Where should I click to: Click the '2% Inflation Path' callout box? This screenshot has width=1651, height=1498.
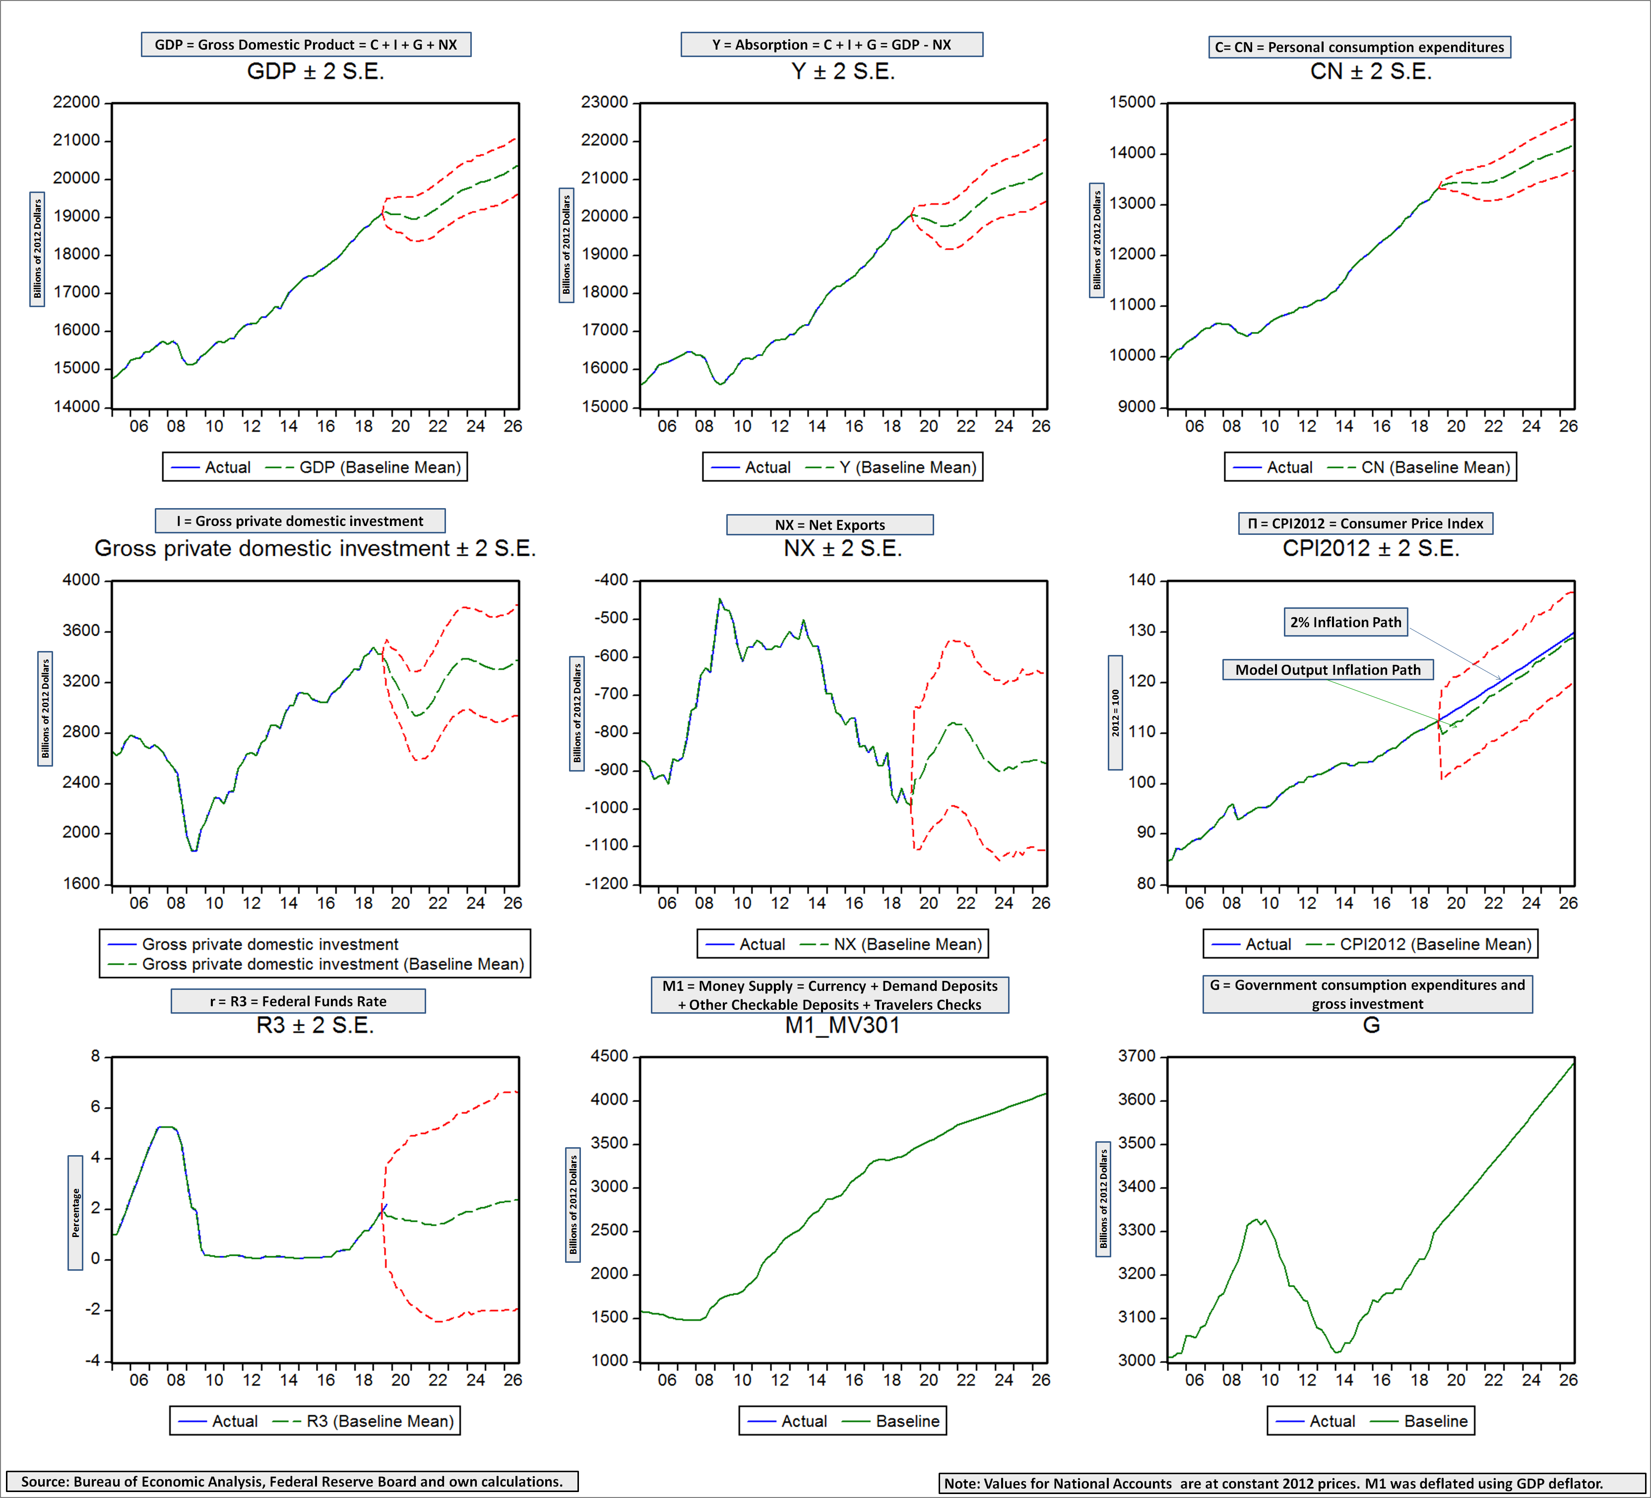click(x=1345, y=622)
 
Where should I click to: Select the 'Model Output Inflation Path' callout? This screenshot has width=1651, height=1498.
click(x=1328, y=669)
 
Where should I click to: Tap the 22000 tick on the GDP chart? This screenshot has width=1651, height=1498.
click(x=76, y=102)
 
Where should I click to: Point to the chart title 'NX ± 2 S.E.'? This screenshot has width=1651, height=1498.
click(x=843, y=548)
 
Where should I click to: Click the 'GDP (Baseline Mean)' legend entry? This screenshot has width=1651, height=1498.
click(x=379, y=467)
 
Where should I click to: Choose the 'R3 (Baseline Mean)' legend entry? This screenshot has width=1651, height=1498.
click(x=379, y=1421)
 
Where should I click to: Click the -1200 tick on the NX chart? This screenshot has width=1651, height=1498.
click(x=607, y=884)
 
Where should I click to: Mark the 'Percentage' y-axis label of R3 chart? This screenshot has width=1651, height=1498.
click(x=75, y=1212)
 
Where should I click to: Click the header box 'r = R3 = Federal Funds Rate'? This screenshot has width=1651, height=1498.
click(x=298, y=1001)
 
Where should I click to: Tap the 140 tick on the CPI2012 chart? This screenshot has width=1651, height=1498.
click(x=1142, y=580)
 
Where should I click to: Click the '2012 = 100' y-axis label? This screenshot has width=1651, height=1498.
click(x=1115, y=713)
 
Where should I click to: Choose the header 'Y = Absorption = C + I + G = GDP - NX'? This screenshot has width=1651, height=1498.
click(x=831, y=44)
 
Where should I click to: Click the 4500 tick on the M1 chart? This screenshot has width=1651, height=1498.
click(x=609, y=1056)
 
